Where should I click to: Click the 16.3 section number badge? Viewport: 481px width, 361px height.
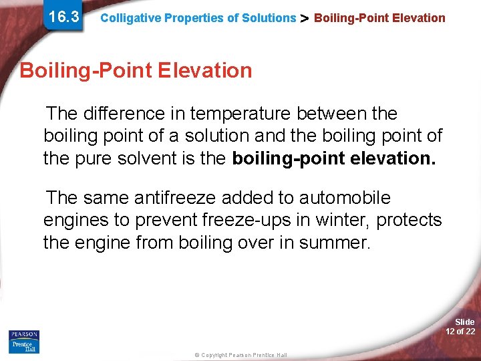[64, 17]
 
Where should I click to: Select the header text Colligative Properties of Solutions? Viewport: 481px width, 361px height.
[198, 18]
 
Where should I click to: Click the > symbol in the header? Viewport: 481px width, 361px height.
[305, 18]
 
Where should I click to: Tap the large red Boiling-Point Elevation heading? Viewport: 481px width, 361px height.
[136, 70]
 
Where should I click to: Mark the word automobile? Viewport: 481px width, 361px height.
[345, 198]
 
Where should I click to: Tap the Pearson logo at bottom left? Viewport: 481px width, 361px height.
[24, 334]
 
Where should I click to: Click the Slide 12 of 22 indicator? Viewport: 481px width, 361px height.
[460, 327]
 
